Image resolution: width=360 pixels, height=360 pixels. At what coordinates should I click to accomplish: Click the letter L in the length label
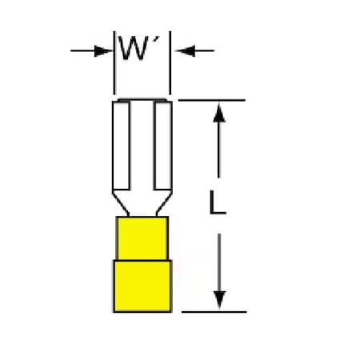[217, 202]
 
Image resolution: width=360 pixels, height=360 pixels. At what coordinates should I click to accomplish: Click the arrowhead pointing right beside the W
[103, 50]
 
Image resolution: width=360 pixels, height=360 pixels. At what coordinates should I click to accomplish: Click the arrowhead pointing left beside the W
[185, 50]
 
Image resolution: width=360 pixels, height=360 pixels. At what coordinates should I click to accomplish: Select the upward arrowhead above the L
[219, 113]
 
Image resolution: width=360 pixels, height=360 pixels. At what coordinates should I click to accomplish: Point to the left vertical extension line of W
[114, 62]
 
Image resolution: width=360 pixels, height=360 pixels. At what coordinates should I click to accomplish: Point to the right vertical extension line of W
[170, 62]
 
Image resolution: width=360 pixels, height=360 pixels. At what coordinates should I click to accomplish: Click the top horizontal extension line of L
[211, 100]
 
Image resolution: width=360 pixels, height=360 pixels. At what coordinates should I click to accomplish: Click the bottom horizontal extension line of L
[214, 311]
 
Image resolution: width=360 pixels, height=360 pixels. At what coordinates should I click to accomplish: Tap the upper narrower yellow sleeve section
[142, 238]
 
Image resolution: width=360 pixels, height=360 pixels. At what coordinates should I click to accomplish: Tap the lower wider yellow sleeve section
[142, 286]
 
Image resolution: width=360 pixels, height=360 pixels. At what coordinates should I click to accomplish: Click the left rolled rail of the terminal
[122, 146]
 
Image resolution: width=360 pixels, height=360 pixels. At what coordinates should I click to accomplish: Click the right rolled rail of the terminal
[163, 146]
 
